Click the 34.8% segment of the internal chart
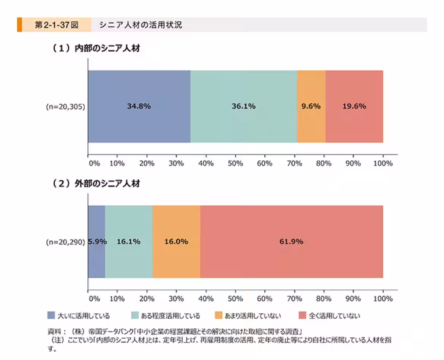click(x=139, y=106)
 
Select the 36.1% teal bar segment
click(x=244, y=106)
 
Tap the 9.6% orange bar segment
click(x=311, y=106)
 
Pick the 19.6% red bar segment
click(x=354, y=106)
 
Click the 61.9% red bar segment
click(x=291, y=242)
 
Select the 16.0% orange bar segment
click(x=176, y=242)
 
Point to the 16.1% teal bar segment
click(x=129, y=242)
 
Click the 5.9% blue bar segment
click(x=96, y=242)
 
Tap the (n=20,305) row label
click(x=65, y=106)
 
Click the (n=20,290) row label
click(x=65, y=242)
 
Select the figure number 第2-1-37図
click(x=56, y=25)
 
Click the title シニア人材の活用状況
click(x=141, y=25)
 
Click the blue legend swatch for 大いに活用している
click(x=51, y=315)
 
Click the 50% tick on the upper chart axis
click(x=235, y=163)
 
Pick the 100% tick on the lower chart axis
click(x=383, y=298)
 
